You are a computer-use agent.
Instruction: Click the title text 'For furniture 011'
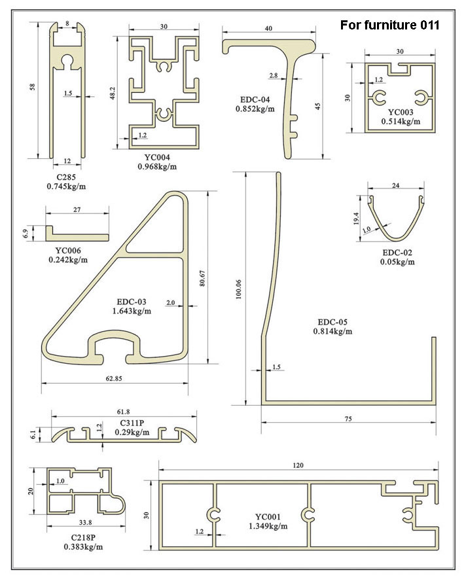click(x=389, y=26)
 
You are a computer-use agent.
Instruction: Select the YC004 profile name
click(x=156, y=157)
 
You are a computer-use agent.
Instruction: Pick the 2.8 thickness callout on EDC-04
click(x=273, y=77)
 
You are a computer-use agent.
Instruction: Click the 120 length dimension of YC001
click(x=298, y=465)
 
